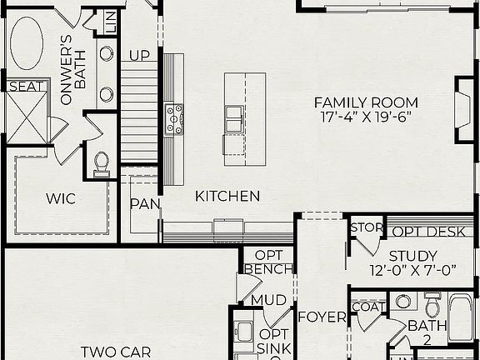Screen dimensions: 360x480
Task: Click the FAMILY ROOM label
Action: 366,102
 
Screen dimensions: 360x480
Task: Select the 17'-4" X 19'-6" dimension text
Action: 366,117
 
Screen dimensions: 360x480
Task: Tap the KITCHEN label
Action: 227,197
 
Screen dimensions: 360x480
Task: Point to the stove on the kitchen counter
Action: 174,118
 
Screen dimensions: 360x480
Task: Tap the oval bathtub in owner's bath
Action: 27,44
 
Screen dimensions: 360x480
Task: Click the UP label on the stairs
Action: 138,56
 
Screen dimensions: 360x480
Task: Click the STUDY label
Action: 413,256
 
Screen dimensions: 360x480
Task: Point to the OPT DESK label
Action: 431,232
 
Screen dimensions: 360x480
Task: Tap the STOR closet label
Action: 366,227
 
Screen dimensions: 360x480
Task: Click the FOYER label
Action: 322,317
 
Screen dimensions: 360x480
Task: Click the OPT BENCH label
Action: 268,262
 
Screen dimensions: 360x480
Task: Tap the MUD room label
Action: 268,300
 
